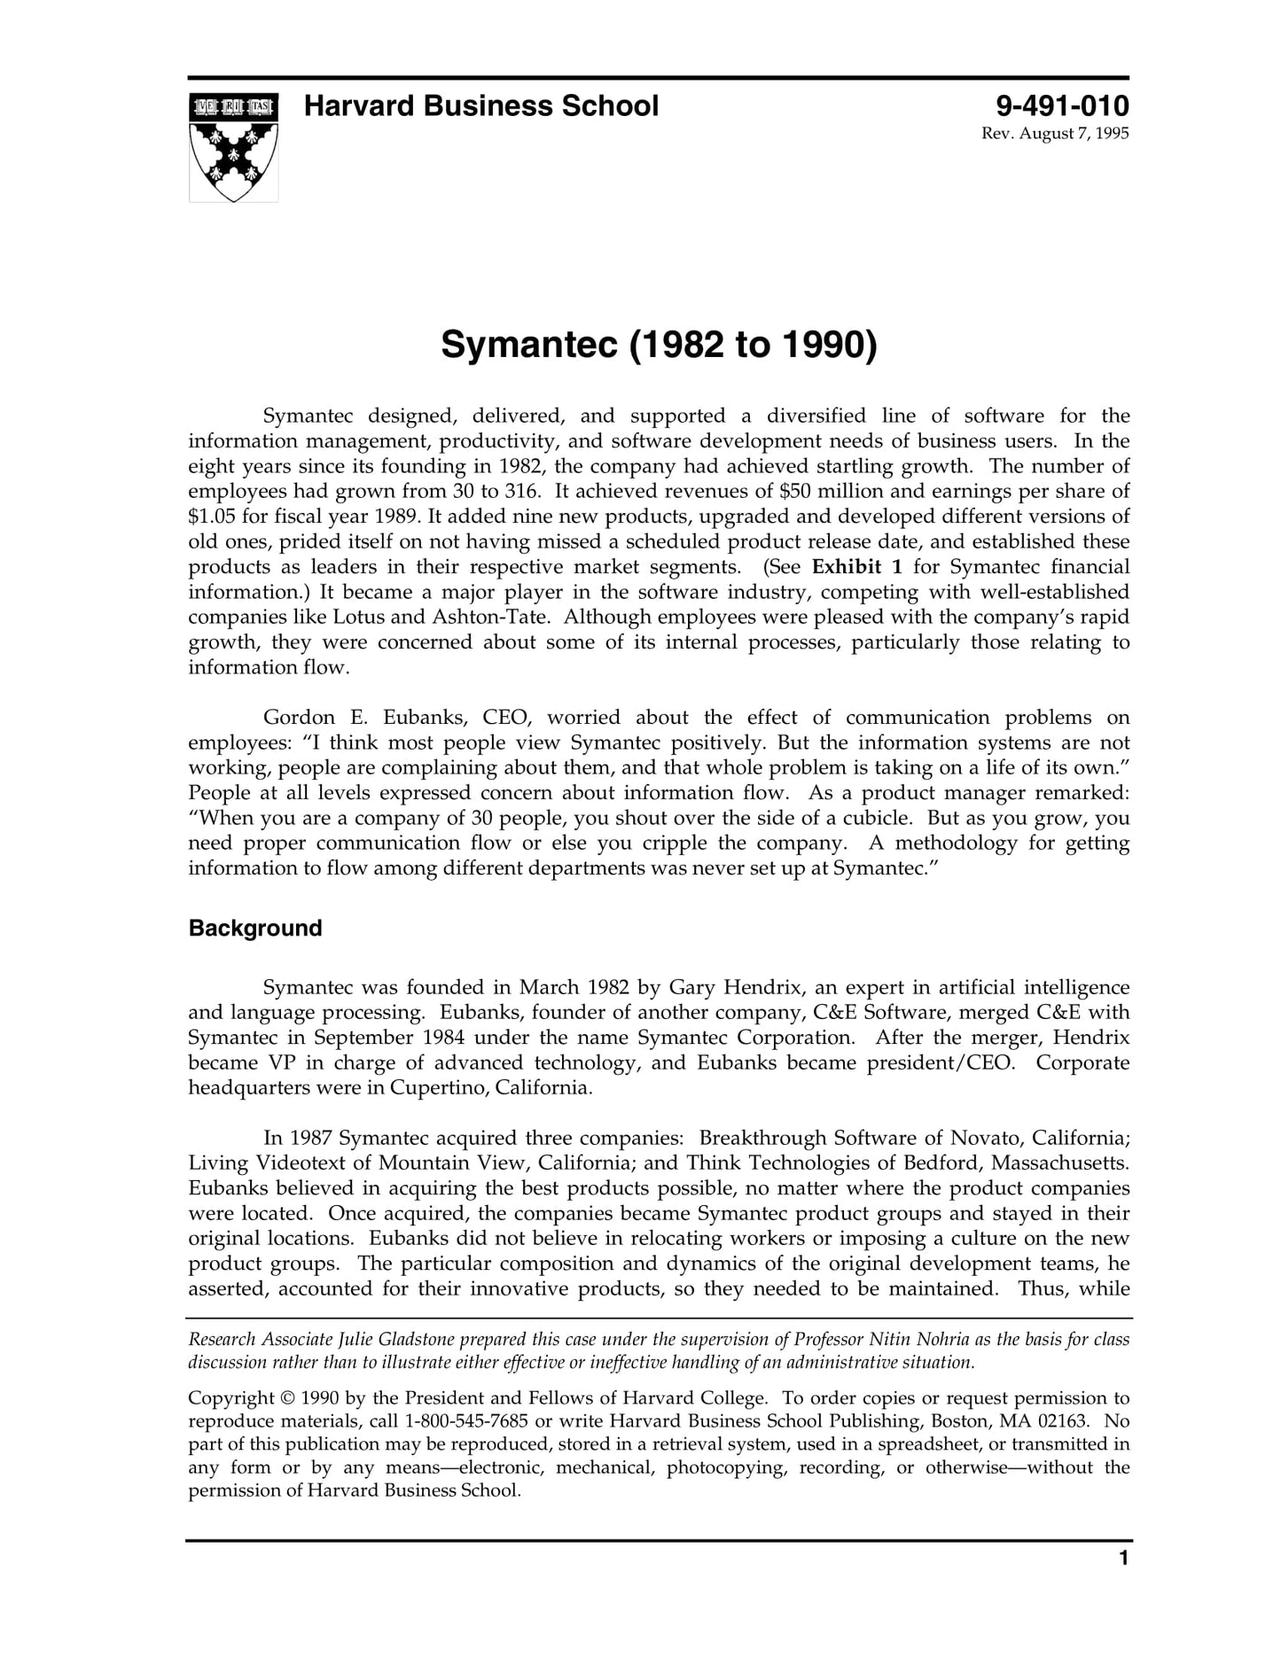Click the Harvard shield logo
[233, 147]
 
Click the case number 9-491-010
[1062, 106]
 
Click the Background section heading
[255, 929]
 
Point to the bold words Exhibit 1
[856, 567]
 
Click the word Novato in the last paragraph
[985, 1139]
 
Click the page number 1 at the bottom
[1123, 1583]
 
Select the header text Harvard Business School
[481, 106]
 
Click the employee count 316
[522, 492]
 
